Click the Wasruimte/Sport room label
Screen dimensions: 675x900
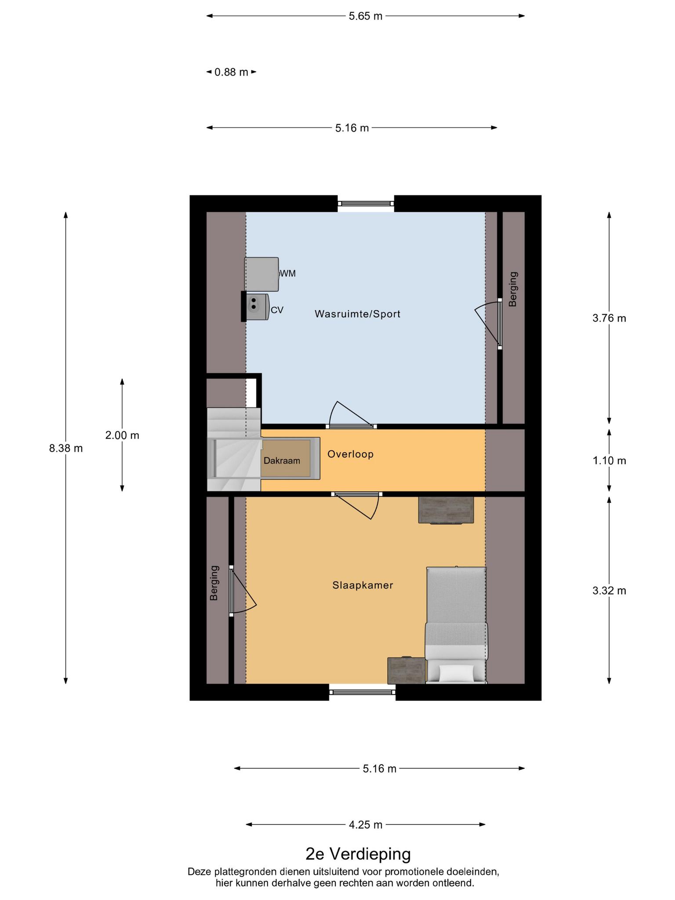click(x=357, y=314)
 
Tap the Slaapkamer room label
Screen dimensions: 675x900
click(x=363, y=585)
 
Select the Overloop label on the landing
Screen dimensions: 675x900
click(x=350, y=454)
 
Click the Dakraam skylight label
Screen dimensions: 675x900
click(x=282, y=461)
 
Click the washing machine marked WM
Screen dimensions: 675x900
click(x=261, y=274)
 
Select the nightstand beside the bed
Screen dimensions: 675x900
click(x=406, y=670)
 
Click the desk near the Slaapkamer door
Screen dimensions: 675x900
click(x=446, y=510)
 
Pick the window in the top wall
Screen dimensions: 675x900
click(x=366, y=203)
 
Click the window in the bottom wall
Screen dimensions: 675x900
click(x=363, y=692)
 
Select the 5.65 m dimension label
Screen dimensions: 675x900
click(x=366, y=16)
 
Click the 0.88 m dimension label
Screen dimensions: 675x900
click(x=231, y=72)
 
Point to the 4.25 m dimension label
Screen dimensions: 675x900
click(x=366, y=825)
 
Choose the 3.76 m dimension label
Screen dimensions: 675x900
click(x=609, y=318)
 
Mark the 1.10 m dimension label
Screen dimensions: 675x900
click(x=609, y=461)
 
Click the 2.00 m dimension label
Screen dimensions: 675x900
click(x=122, y=435)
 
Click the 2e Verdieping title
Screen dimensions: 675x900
click(x=358, y=854)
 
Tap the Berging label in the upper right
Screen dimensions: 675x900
click(x=513, y=289)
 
